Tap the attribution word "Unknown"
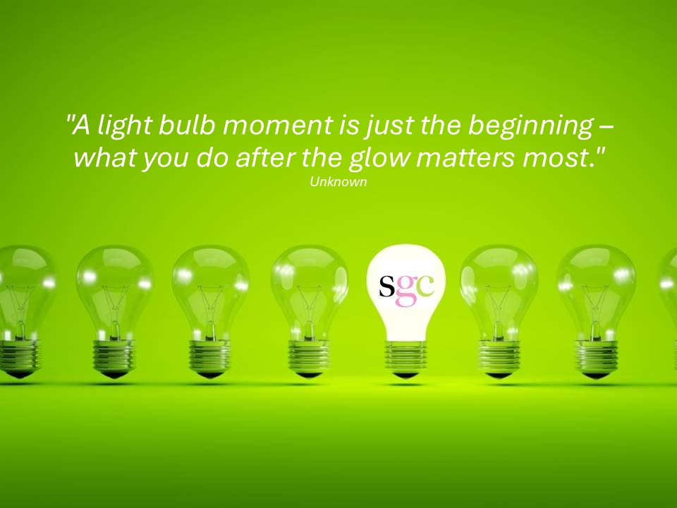click(338, 182)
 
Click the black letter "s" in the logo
click(387, 286)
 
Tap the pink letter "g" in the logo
click(405, 290)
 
